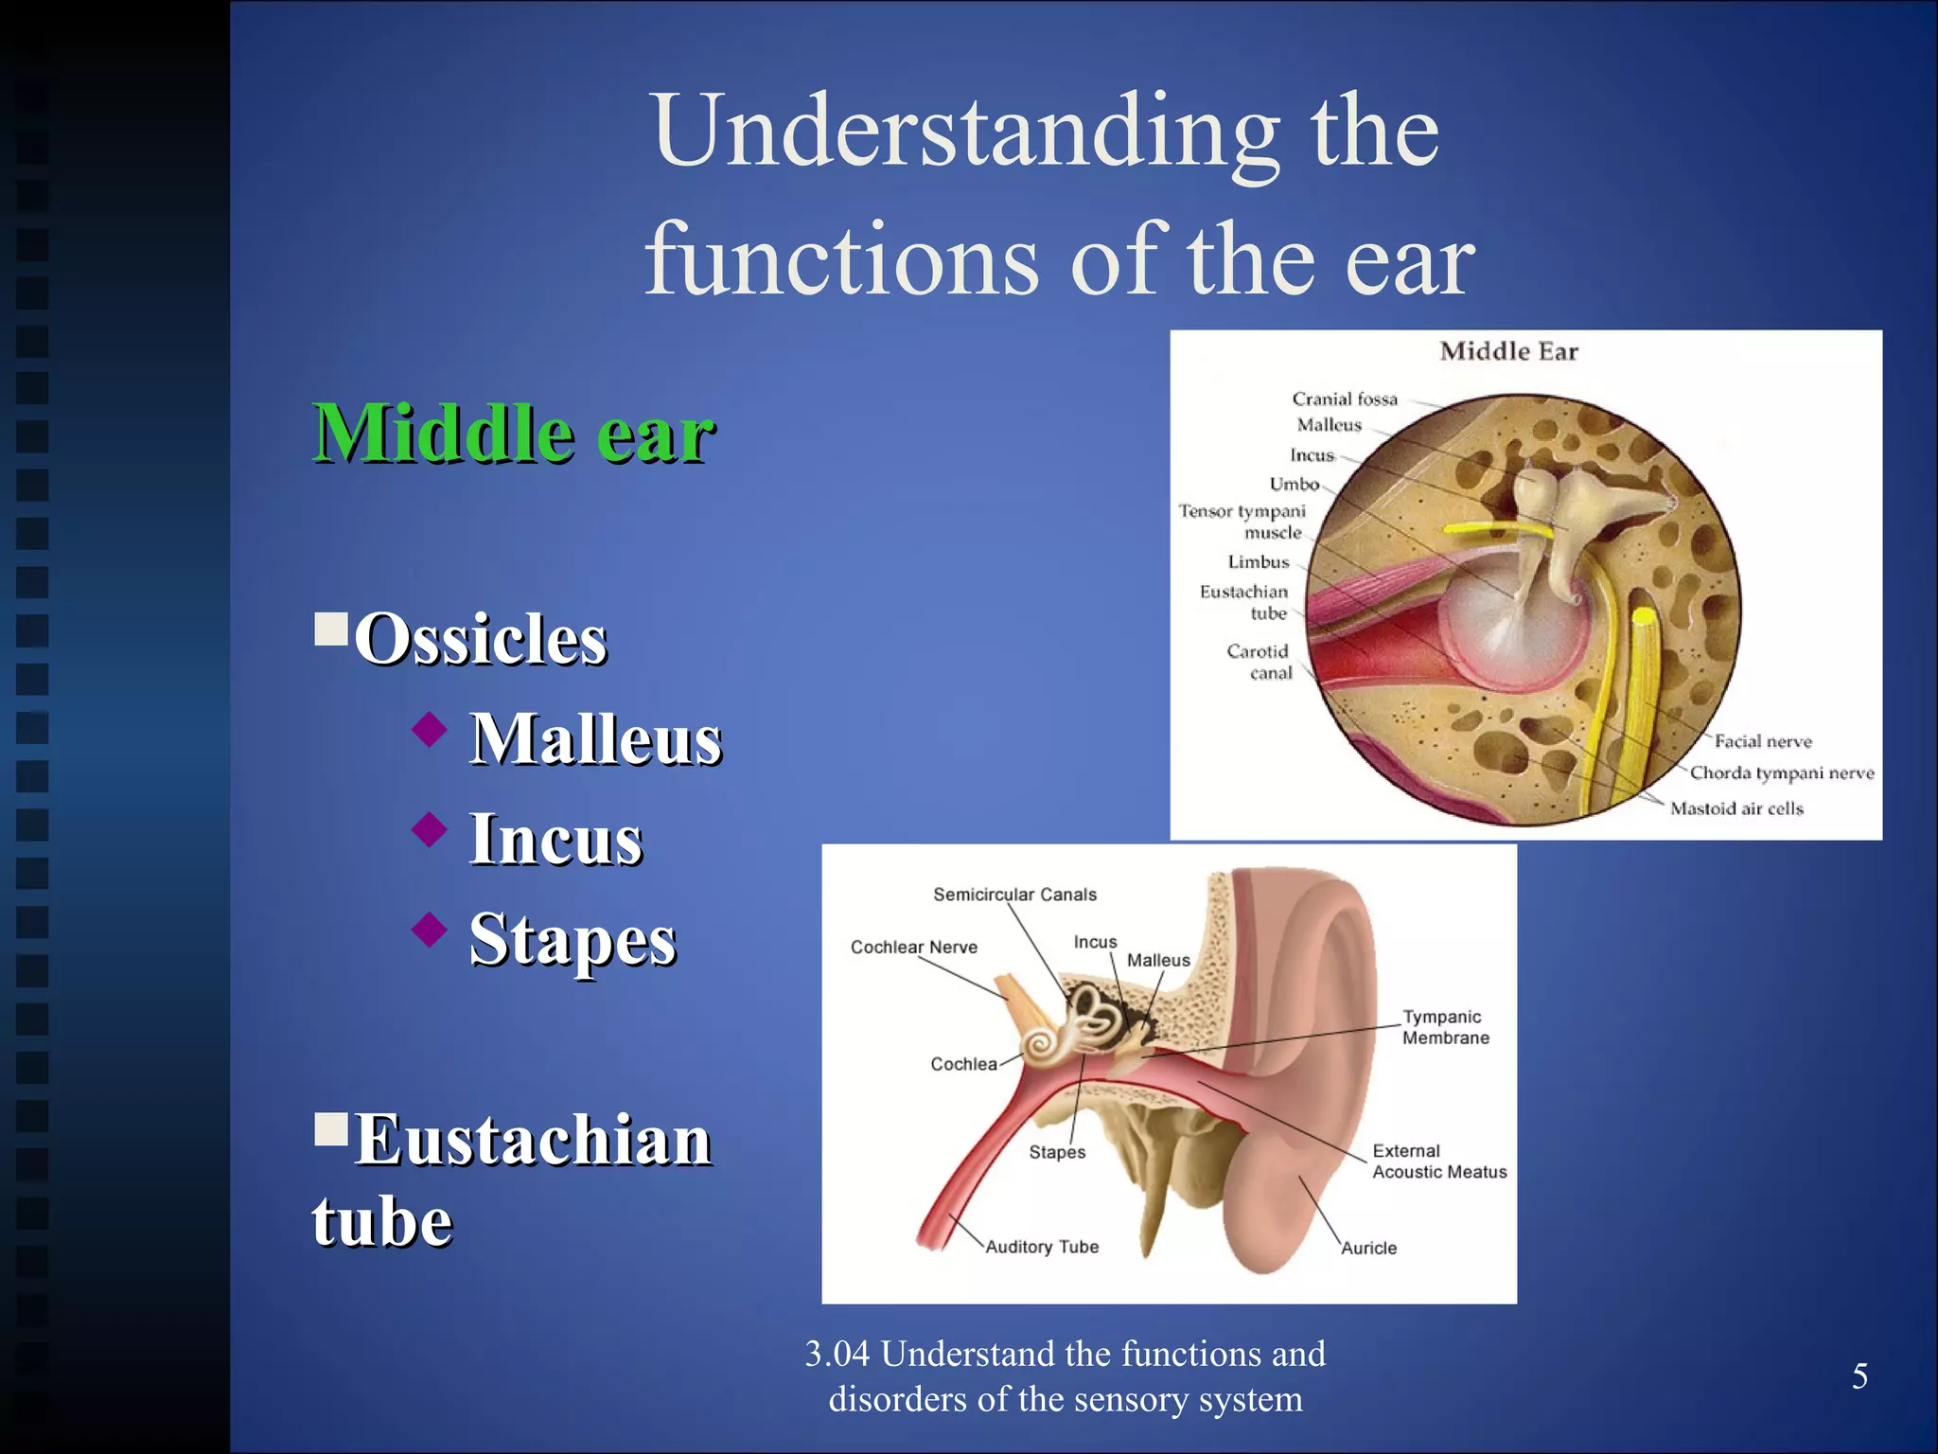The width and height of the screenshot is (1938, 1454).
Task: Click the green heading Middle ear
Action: click(x=513, y=434)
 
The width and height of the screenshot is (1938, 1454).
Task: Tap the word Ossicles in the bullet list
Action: click(x=481, y=639)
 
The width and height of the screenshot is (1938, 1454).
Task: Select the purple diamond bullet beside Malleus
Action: click(x=430, y=729)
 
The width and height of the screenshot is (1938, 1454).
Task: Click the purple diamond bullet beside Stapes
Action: click(x=430, y=930)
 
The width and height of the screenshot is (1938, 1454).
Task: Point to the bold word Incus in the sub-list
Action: click(x=555, y=840)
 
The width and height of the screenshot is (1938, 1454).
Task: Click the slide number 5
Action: click(x=1859, y=1375)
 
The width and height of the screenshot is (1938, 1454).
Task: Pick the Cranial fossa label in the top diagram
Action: click(x=1344, y=399)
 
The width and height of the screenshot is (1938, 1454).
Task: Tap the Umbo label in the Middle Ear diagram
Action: click(x=1294, y=485)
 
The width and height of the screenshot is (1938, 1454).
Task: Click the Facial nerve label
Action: click(x=1763, y=741)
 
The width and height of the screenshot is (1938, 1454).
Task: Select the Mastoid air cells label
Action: click(x=1736, y=808)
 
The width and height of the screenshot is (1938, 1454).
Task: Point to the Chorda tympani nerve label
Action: click(x=1782, y=773)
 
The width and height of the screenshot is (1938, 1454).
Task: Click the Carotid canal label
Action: click(x=1259, y=662)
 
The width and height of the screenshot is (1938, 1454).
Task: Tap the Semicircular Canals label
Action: click(x=1014, y=895)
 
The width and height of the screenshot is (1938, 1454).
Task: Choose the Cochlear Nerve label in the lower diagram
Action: click(x=913, y=948)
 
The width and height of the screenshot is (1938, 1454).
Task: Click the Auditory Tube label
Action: click(x=1042, y=1247)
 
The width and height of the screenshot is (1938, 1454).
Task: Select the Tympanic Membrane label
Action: click(x=1445, y=1027)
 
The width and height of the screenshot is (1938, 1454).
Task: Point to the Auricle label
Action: click(x=1368, y=1249)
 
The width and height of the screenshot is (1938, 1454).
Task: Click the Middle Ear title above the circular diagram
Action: click(x=1508, y=352)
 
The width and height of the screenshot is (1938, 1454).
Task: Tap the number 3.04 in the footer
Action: click(x=837, y=1355)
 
